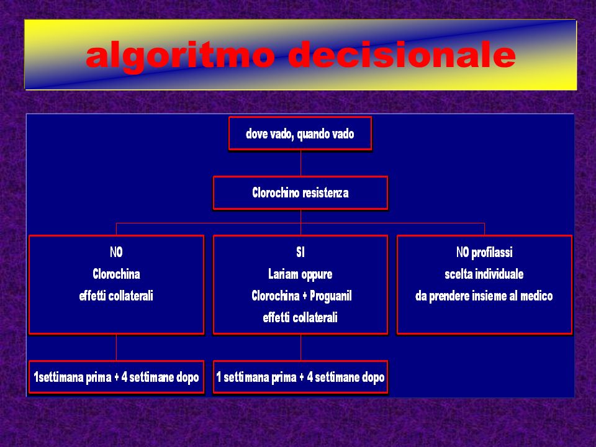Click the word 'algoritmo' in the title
click(180, 56)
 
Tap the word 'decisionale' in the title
click(402, 55)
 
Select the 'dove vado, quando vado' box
click(300, 133)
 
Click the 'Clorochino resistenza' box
click(300, 192)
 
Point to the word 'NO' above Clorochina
click(116, 252)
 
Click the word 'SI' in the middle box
click(300, 252)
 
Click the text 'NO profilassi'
click(484, 252)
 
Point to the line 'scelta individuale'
click(484, 274)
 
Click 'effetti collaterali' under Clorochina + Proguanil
click(300, 317)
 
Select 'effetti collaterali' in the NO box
click(116, 296)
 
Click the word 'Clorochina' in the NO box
click(116, 274)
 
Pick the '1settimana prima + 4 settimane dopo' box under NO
click(116, 377)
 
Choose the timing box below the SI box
click(300, 377)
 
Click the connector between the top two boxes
click(300, 163)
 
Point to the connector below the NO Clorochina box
click(116, 348)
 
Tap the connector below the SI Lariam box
click(300, 348)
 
